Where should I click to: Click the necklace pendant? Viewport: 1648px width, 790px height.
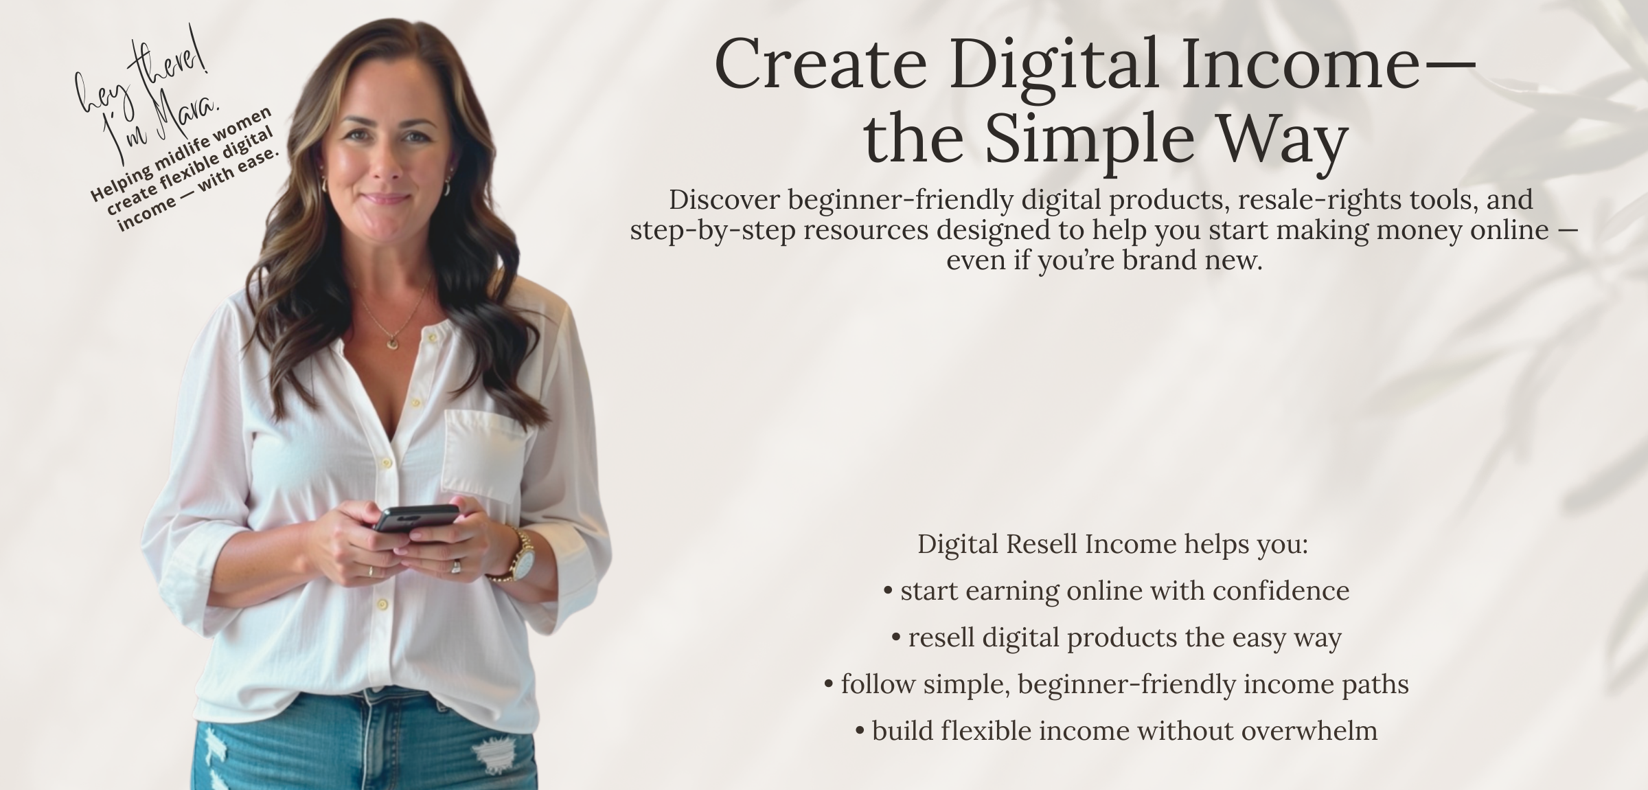click(x=391, y=341)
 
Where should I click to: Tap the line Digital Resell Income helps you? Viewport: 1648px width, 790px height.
click(x=1113, y=544)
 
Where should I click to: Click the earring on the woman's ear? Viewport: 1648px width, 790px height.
click(x=448, y=187)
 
